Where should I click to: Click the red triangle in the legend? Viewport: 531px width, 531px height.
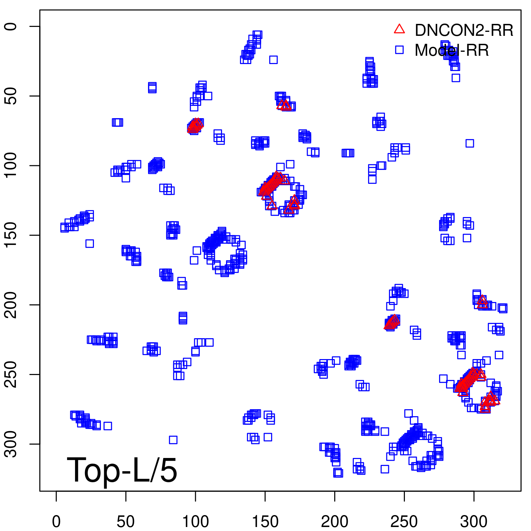point(399,29)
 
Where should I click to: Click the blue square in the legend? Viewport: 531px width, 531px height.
point(399,50)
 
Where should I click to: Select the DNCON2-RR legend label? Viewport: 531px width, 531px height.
point(464,30)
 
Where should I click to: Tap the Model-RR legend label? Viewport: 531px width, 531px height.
point(452,50)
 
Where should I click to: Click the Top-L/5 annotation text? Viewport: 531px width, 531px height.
point(122,470)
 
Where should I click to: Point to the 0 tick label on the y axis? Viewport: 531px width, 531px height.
point(11,26)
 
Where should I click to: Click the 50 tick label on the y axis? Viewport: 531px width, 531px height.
point(11,96)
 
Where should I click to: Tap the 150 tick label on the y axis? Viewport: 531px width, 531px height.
point(11,235)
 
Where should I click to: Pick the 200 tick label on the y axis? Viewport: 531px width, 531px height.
point(11,305)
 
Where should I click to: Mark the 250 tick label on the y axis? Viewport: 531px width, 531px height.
point(11,374)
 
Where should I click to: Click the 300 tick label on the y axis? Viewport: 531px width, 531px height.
point(11,444)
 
